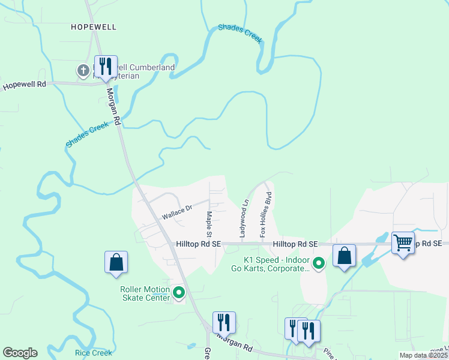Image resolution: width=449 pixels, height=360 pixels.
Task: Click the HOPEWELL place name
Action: click(x=93, y=27)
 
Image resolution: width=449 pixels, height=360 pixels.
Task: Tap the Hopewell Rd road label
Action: click(x=25, y=85)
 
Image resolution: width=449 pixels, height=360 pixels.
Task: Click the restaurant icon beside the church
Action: click(x=106, y=66)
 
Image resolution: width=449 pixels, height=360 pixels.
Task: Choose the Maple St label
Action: click(x=209, y=223)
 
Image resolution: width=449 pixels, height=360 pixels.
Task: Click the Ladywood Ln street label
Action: click(x=243, y=220)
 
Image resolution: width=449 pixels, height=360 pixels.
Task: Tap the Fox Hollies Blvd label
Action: click(x=265, y=214)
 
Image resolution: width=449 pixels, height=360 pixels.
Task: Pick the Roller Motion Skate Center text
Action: click(x=144, y=293)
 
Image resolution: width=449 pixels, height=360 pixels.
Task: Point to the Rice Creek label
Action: click(x=94, y=353)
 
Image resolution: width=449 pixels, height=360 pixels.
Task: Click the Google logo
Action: click(x=20, y=353)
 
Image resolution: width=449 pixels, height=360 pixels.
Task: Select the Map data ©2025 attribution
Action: click(x=423, y=355)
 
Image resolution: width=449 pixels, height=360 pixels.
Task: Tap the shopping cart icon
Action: click(x=403, y=243)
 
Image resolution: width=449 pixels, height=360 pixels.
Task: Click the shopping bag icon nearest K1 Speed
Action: click(x=344, y=256)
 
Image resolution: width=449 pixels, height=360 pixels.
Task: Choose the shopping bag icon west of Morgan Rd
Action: click(x=116, y=262)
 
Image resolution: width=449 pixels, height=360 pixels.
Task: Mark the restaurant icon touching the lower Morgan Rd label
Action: click(x=224, y=323)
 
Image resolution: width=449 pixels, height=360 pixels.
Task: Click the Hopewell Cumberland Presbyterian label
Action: click(x=132, y=72)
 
